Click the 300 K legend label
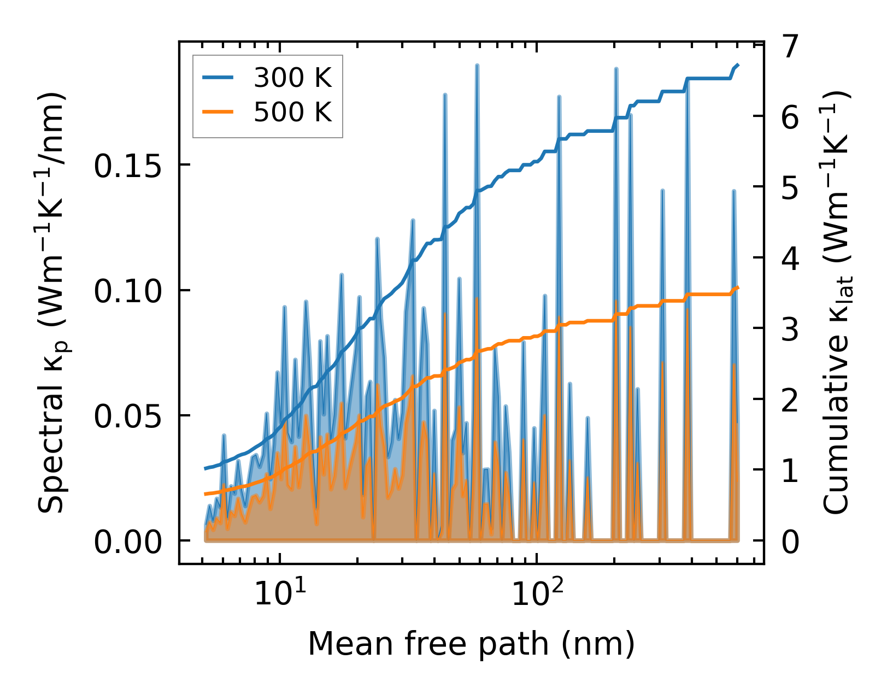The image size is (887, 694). coord(293,79)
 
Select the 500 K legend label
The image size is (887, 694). coord(293,113)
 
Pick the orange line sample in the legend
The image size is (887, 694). coord(218,112)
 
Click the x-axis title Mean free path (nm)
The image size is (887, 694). coord(471,644)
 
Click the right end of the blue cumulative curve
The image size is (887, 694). coord(738,65)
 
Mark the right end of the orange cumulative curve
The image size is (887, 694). coord(738,287)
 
